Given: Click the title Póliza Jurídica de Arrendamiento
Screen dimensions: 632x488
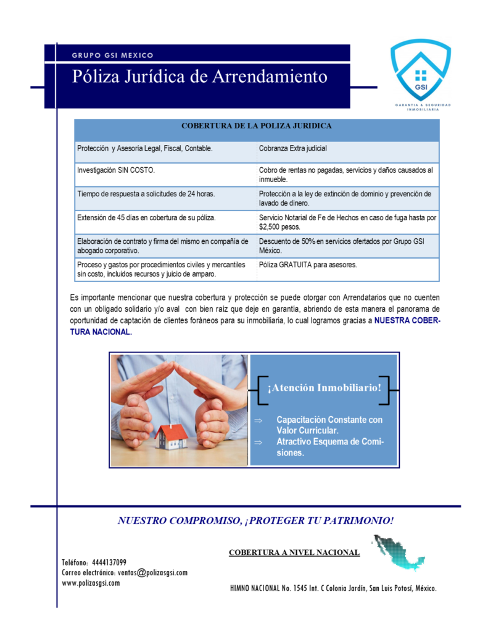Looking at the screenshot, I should click(x=199, y=77).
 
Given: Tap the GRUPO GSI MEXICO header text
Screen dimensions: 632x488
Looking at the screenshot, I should click(x=112, y=55).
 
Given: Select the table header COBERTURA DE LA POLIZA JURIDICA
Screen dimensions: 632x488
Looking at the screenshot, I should click(x=256, y=126).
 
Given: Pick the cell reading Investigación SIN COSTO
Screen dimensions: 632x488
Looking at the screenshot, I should click(x=116, y=170).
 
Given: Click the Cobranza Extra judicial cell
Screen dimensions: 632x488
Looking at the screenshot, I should click(x=293, y=149).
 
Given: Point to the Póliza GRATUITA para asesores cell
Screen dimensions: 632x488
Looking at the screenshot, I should click(x=308, y=265).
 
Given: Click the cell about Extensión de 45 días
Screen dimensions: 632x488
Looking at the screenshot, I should click(x=146, y=218).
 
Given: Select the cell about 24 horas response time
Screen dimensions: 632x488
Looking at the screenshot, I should click(x=146, y=194).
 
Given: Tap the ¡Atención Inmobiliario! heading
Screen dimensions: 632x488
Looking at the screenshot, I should click(x=324, y=388).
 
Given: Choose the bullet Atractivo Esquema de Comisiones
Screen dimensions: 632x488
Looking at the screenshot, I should click(x=329, y=447).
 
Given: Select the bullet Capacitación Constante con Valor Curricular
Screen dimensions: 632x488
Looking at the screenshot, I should click(x=329, y=425).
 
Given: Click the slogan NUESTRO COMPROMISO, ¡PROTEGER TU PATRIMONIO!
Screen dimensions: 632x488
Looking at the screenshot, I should click(x=255, y=520).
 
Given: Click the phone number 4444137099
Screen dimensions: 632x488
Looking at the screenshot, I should click(x=109, y=562).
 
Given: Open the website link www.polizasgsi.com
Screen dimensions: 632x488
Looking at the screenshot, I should click(x=91, y=583).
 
